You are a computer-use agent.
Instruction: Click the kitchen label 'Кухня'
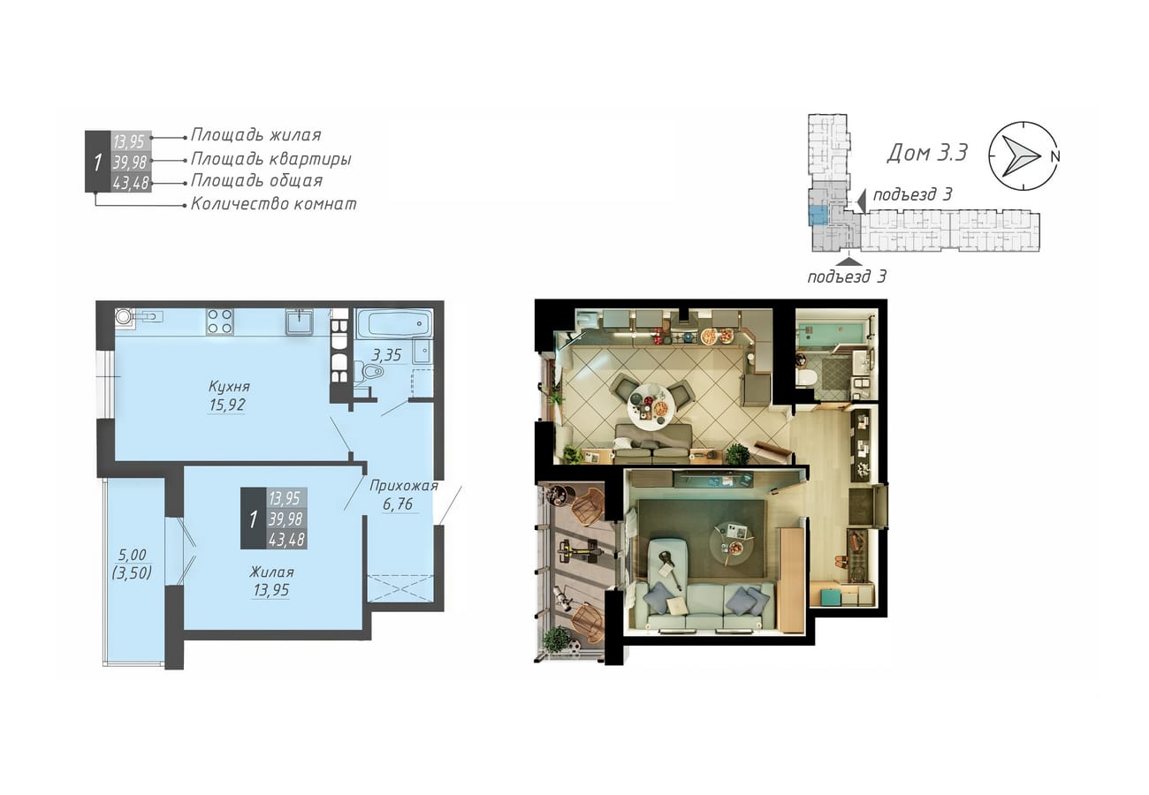229,386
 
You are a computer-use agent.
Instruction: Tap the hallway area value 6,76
398,504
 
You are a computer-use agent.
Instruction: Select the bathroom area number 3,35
387,355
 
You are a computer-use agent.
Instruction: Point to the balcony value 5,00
133,555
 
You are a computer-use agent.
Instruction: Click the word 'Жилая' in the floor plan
272,572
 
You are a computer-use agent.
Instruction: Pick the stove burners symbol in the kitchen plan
220,322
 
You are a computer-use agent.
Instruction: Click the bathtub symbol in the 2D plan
394,323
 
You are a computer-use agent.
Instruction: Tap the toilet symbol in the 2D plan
369,369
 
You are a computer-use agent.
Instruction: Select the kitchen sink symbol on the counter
299,322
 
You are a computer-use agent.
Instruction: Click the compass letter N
1054,156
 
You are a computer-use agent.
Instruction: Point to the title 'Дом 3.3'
927,152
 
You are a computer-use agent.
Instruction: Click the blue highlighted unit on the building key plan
818,216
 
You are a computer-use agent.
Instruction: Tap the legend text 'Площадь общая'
257,181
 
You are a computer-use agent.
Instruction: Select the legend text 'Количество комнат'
274,204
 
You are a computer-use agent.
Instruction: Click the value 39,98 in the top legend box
130,163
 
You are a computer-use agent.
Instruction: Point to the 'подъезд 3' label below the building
847,276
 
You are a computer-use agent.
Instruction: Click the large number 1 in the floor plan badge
253,519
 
